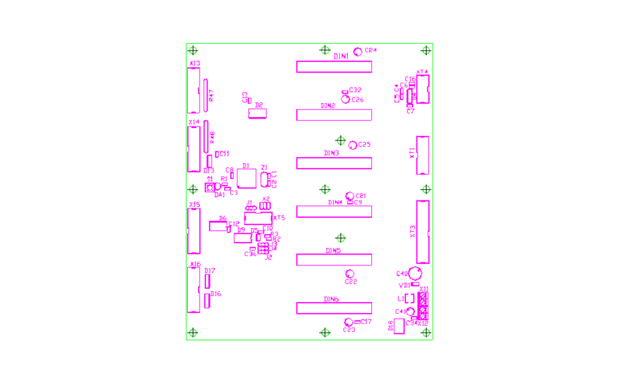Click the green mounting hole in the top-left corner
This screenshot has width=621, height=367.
tap(193, 50)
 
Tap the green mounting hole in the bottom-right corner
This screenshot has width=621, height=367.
tap(426, 333)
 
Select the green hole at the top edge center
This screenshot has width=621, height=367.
tap(325, 50)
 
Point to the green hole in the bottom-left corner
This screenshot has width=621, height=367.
tap(193, 333)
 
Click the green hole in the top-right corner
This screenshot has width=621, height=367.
tap(426, 50)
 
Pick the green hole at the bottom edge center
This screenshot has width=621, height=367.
tap(325, 333)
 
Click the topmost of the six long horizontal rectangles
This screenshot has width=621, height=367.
tap(334, 67)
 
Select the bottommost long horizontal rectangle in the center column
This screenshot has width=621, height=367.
tap(334, 309)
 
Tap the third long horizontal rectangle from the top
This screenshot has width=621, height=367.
tap(334, 163)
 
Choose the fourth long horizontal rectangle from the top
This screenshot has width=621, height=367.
tap(334, 212)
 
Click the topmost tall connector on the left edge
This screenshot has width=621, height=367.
tap(194, 91)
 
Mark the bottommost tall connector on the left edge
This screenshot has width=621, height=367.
tap(194, 290)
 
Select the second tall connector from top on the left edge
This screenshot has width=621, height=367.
tap(194, 150)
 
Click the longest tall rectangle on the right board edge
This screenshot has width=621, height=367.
tap(422, 232)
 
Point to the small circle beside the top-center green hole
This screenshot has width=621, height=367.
tap(358, 52)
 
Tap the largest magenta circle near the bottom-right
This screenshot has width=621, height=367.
tap(415, 273)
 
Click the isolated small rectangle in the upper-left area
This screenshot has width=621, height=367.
tap(256, 113)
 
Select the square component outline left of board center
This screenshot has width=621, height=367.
tap(246, 178)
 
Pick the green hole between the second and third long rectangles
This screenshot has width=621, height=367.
tap(340, 140)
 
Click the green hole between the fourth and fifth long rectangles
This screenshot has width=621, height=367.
tap(340, 238)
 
